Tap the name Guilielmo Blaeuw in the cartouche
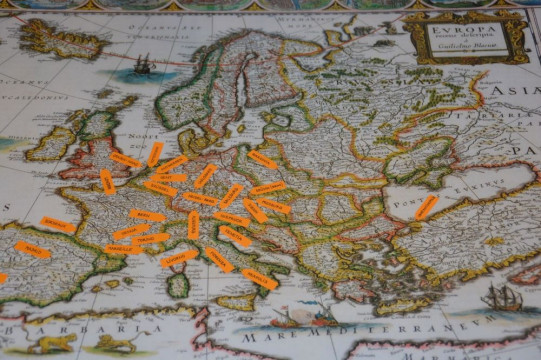[x=466, y=48]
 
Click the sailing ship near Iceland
[x=143, y=66]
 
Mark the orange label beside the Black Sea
[x=426, y=207]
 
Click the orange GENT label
[x=155, y=154]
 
